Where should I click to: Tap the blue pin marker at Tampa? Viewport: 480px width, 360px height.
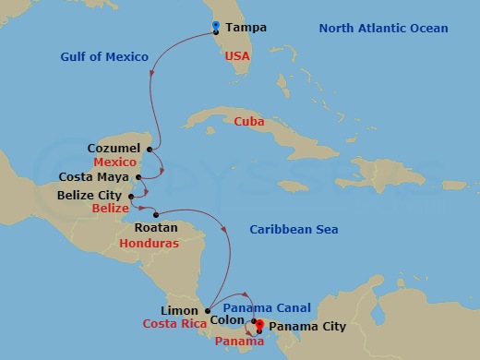click(x=215, y=26)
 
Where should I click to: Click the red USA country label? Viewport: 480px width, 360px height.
click(x=238, y=56)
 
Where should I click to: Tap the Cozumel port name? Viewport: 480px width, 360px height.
click(x=114, y=148)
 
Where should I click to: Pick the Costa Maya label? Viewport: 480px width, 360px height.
click(x=96, y=176)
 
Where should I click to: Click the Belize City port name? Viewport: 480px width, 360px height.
click(x=90, y=196)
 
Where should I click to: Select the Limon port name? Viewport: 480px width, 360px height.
click(x=179, y=310)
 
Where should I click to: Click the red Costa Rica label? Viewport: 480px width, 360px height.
click(x=173, y=324)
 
